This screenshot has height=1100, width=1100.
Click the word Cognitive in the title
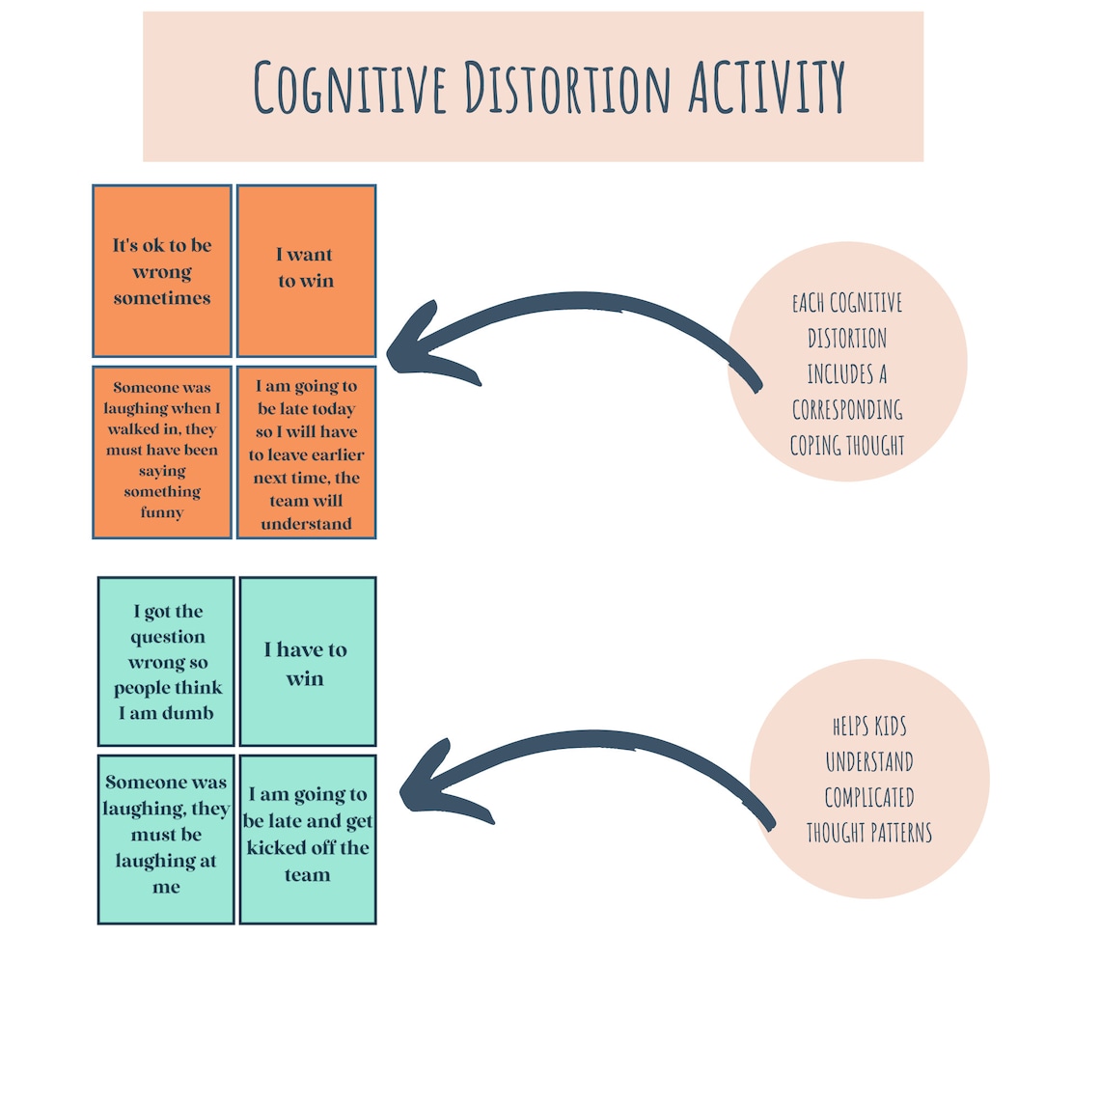[350, 87]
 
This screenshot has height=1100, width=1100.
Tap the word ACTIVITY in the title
[767, 87]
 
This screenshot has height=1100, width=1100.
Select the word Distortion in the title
[566, 87]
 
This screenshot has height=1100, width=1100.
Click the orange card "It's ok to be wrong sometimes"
[162, 271]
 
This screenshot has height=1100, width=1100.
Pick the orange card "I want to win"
[306, 271]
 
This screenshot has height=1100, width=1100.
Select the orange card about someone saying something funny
[162, 451]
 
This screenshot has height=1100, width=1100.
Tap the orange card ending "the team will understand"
[306, 452]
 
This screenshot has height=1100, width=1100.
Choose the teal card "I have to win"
[307, 662]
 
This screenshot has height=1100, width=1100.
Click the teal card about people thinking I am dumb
[166, 662]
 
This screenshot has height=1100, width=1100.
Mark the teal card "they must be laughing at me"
[166, 839]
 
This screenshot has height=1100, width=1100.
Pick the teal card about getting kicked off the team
[307, 839]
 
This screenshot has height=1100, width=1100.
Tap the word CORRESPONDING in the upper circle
[847, 410]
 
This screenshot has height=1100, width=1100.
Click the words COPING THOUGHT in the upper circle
[847, 446]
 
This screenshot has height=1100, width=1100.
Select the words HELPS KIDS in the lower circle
[869, 727]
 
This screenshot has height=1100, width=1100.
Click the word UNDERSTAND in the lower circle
[869, 762]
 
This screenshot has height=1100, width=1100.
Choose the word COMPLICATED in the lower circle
[869, 798]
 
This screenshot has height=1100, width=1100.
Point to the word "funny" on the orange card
[162, 512]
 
